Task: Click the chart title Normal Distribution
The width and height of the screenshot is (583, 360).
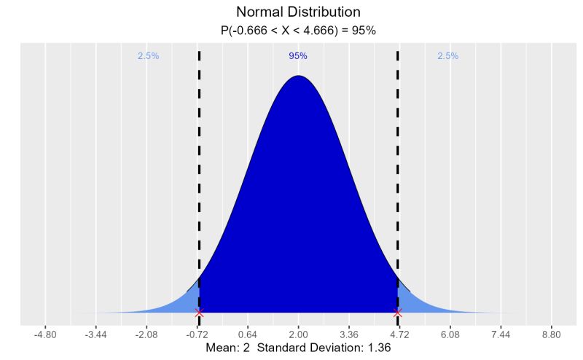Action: (x=298, y=12)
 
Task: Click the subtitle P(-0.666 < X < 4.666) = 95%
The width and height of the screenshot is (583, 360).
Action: (x=298, y=31)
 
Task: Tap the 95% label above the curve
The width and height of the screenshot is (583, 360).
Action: (x=298, y=56)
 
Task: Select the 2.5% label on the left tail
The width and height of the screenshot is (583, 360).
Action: (x=148, y=56)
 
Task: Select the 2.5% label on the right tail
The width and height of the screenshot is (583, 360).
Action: (x=448, y=56)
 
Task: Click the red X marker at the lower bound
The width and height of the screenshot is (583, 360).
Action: (x=199, y=313)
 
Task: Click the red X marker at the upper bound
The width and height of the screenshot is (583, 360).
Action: (x=397, y=313)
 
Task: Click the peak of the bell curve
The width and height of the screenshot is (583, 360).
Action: (x=298, y=76)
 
